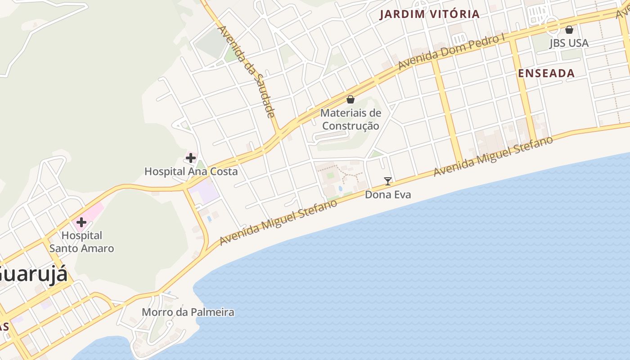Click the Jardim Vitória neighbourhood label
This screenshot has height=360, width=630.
(429, 14)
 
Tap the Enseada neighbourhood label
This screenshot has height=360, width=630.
(546, 73)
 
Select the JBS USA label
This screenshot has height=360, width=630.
(569, 43)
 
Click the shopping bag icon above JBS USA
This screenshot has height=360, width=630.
(569, 30)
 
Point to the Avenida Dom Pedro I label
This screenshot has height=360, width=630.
(451, 52)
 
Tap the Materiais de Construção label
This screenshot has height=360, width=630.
(351, 119)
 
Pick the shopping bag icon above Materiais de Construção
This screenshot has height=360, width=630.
(351, 99)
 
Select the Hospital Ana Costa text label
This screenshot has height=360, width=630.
(191, 171)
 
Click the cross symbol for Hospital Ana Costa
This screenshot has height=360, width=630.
(190, 158)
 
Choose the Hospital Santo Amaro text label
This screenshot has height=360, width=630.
(81, 242)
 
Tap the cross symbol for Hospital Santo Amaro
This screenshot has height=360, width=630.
(81, 222)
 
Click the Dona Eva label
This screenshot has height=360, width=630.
(387, 195)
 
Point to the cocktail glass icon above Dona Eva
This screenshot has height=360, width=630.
(387, 181)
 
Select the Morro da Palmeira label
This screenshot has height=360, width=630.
(188, 312)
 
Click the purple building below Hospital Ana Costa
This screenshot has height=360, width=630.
(205, 192)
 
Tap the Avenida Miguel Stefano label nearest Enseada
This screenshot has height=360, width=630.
(493, 156)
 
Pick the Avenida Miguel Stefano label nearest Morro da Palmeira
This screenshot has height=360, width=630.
(279, 223)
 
